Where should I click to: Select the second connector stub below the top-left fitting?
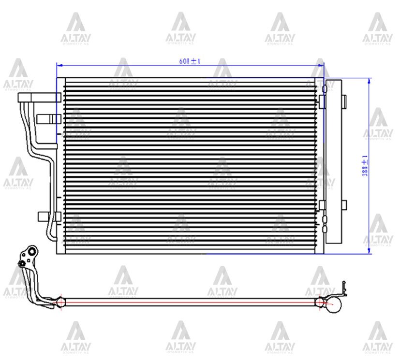[48, 118]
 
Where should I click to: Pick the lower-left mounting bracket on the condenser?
[48, 216]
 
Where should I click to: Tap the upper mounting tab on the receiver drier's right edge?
[344, 101]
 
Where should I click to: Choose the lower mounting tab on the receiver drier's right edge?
[344, 204]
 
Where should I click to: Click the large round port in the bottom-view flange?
[32, 252]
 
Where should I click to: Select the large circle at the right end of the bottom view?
[335, 304]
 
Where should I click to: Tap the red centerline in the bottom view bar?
[189, 302]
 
